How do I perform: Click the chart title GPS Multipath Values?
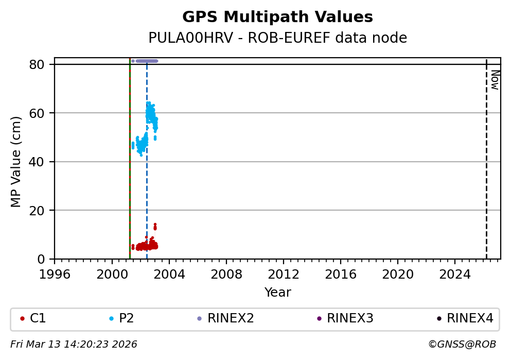tap(277, 18)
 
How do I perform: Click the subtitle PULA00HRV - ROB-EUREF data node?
tap(277, 38)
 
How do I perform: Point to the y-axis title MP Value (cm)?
tap(16, 162)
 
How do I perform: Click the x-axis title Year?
tap(277, 293)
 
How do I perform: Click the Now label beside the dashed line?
tap(495, 80)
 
